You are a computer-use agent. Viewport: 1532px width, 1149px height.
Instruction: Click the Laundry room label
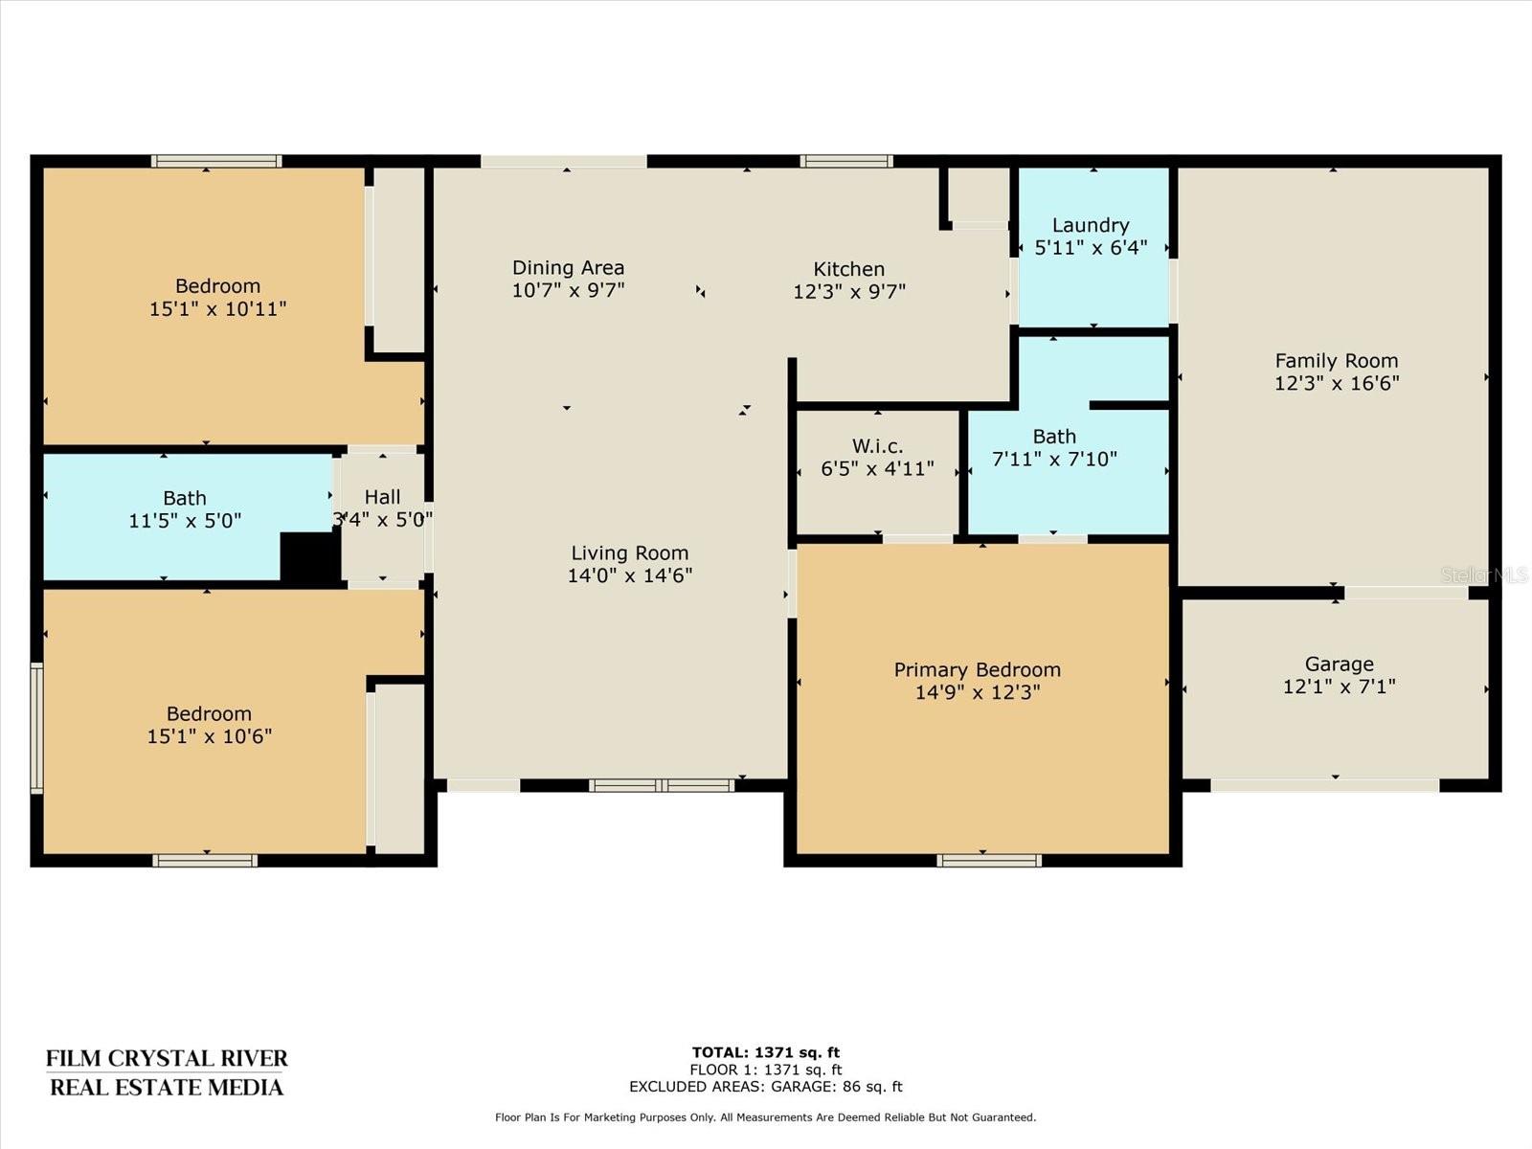[1091, 225]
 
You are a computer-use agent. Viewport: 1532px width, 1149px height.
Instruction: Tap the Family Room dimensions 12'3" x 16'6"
[1337, 383]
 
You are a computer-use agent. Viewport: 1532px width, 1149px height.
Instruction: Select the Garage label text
[1339, 665]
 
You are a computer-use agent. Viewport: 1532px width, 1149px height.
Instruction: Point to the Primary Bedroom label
[978, 669]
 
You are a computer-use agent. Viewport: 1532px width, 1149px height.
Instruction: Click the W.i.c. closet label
[877, 446]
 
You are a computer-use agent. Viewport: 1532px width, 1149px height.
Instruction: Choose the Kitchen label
[848, 269]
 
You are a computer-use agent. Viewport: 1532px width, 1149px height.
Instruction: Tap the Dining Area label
[568, 267]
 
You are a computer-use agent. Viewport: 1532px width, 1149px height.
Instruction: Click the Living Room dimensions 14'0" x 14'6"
[629, 575]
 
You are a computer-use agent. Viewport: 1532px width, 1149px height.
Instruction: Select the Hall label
[382, 497]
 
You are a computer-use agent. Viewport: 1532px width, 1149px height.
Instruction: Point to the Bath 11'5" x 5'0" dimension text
[185, 521]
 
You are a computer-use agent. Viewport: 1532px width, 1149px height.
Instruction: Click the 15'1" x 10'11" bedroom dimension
[217, 308]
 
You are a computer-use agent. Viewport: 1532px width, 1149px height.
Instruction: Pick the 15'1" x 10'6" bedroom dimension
[209, 736]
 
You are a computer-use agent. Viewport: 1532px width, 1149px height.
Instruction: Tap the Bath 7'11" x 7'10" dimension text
[1054, 459]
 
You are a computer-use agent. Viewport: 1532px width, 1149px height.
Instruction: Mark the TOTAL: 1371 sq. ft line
[766, 1052]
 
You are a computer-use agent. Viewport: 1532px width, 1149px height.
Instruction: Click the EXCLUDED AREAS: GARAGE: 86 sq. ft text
[766, 1086]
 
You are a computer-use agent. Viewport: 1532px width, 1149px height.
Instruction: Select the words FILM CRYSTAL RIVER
[167, 1058]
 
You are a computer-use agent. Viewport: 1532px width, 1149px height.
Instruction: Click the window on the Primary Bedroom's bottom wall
[989, 860]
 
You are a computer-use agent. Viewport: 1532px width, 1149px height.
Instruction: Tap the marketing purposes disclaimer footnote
[766, 1116]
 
